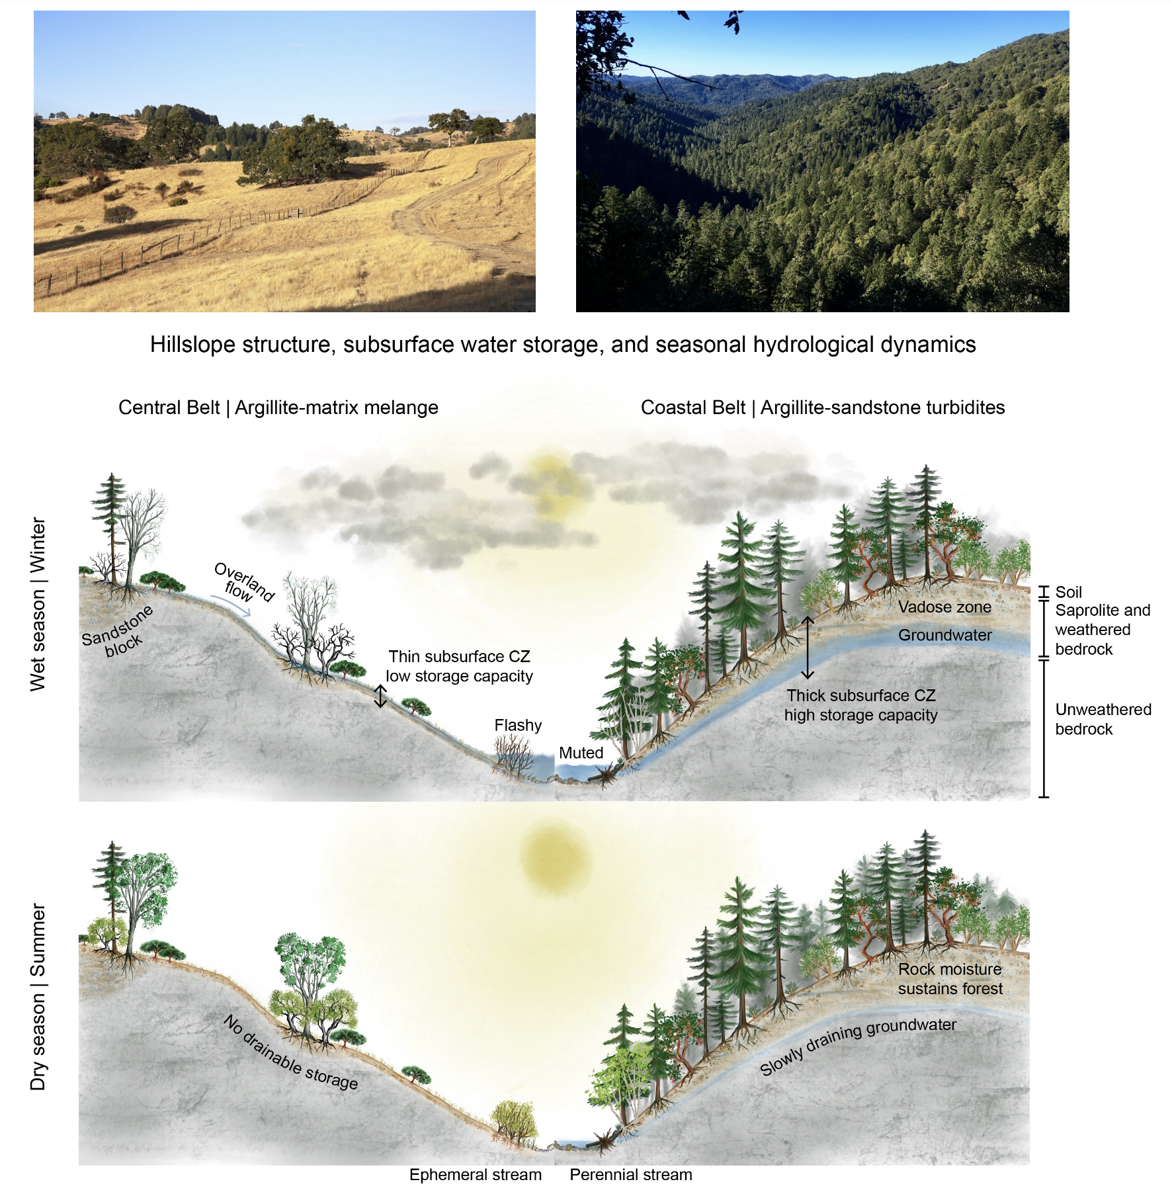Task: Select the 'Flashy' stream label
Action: [518, 725]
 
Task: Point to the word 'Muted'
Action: [581, 753]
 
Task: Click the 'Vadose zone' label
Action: [944, 607]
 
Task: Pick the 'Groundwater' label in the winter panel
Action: [944, 635]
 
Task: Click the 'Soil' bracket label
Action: [1068, 592]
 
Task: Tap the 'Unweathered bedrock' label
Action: [1103, 719]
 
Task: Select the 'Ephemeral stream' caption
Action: [475, 1175]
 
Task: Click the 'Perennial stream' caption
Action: [630, 1175]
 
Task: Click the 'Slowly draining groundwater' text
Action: [858, 1045]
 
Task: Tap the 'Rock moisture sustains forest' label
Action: [950, 978]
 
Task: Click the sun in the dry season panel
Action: [553, 857]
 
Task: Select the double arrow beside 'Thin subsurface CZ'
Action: [380, 696]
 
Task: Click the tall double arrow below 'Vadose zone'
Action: [808, 648]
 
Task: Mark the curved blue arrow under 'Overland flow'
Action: [231, 605]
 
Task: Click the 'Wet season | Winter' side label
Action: [38, 604]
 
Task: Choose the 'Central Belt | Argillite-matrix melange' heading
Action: [278, 407]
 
